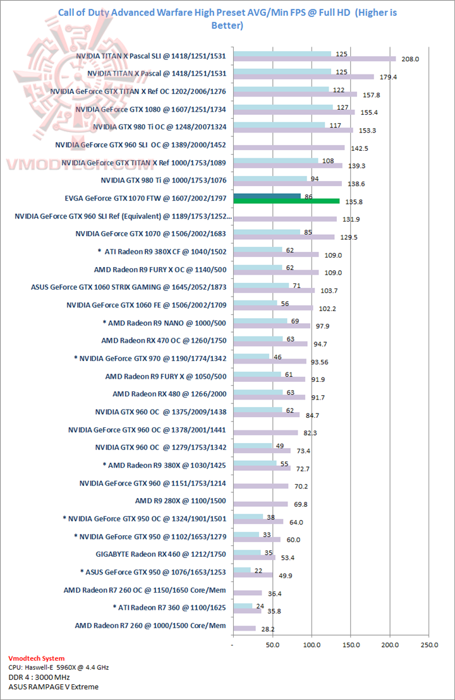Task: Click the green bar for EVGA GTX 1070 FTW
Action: [286, 201]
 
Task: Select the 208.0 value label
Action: [410, 59]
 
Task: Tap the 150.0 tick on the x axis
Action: [351, 644]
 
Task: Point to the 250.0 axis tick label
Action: [429, 644]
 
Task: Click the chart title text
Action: [227, 19]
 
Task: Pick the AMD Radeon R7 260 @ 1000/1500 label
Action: [150, 626]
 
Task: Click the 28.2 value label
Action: [267, 629]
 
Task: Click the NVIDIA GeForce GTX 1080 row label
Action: [150, 109]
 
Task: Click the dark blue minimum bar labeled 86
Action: [267, 196]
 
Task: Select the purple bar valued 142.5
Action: [289, 148]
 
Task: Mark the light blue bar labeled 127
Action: [282, 107]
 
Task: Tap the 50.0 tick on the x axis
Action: [272, 644]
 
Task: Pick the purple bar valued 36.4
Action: [247, 593]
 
